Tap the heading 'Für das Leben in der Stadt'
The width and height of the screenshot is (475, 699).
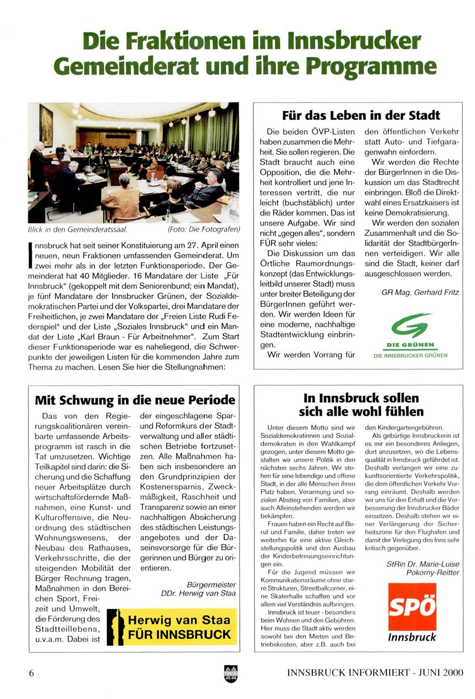click(x=361, y=115)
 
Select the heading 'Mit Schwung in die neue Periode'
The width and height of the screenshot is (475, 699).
click(x=135, y=400)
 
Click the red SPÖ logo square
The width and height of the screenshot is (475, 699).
click(x=412, y=606)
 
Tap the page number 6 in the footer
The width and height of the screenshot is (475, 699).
click(x=31, y=673)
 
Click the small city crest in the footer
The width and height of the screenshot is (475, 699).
click(x=230, y=673)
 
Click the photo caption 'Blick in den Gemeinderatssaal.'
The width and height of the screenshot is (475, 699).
click(x=77, y=229)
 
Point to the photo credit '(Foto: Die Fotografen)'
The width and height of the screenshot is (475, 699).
click(x=204, y=229)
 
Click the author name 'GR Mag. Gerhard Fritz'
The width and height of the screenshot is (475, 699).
click(x=420, y=292)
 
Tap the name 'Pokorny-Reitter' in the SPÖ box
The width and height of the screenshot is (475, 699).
click(x=432, y=572)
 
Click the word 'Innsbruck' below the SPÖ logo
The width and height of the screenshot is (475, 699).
click(x=412, y=637)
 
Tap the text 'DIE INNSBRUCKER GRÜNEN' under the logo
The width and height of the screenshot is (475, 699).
click(x=411, y=356)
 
